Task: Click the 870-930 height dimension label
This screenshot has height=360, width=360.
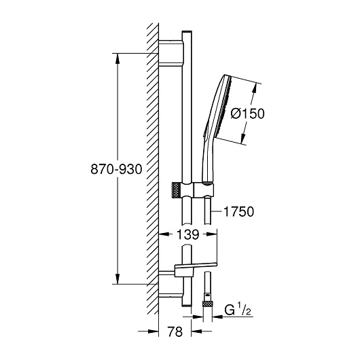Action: click(x=116, y=169)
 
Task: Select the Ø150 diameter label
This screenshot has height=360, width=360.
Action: click(x=248, y=113)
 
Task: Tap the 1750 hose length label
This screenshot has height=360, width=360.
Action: click(x=239, y=211)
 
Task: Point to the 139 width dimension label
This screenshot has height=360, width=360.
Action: click(x=187, y=234)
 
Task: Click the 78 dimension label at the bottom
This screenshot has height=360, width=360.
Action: click(x=175, y=331)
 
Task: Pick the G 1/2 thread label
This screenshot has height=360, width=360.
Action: click(x=238, y=310)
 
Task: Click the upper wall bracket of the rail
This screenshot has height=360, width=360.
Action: click(x=171, y=53)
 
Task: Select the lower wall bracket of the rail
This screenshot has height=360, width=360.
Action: click(x=171, y=284)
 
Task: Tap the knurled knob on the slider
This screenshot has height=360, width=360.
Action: click(x=176, y=190)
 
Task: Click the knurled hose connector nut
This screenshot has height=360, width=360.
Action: click(x=208, y=304)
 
